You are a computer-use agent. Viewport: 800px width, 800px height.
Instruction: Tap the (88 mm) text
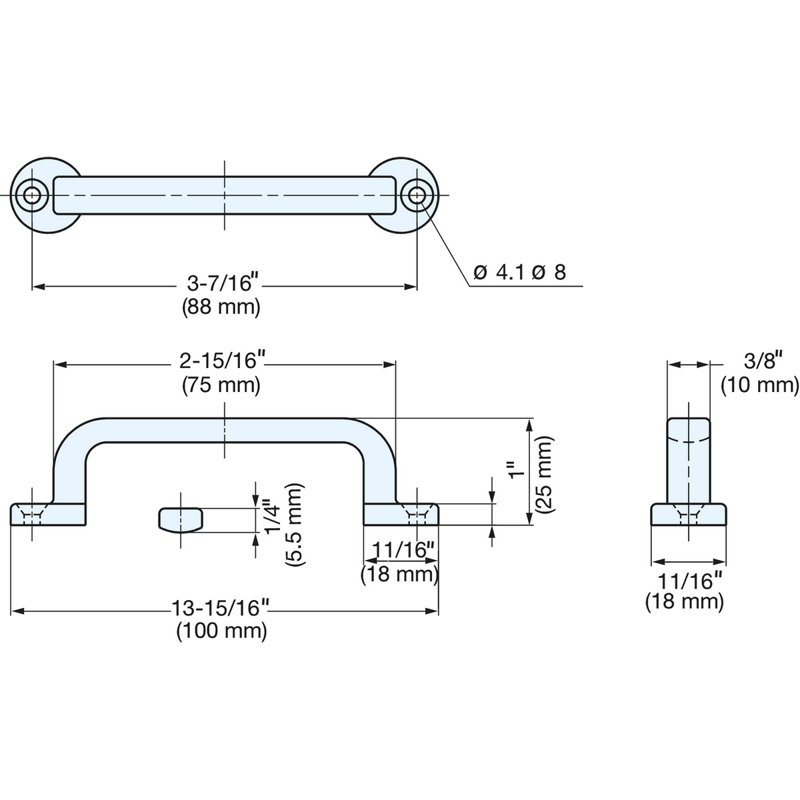(x=221, y=307)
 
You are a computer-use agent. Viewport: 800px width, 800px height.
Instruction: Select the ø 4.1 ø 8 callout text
(x=519, y=273)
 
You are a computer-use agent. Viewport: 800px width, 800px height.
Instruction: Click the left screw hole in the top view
(x=31, y=195)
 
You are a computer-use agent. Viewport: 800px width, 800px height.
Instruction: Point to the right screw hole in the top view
(x=417, y=195)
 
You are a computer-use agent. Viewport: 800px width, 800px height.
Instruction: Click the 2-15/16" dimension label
(x=223, y=361)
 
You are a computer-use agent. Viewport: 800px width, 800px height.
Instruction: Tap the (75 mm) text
(x=221, y=385)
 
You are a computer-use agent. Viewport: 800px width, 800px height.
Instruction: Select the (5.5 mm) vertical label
(x=295, y=524)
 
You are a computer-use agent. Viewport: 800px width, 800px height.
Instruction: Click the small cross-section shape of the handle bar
(x=180, y=520)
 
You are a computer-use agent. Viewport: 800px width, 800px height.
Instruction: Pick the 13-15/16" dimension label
(x=221, y=609)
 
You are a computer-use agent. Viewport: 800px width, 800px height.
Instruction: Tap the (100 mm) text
(x=222, y=632)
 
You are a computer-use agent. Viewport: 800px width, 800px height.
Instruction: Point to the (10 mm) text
(x=760, y=385)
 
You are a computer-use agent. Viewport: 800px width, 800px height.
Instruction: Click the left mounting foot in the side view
(x=48, y=515)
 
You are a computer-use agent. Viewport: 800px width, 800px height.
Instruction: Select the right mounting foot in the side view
(x=401, y=515)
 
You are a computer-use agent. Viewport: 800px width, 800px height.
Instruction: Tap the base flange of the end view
(x=688, y=515)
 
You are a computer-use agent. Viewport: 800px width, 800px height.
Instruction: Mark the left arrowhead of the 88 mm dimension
(x=38, y=287)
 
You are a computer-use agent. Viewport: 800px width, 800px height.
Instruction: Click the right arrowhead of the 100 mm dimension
(x=432, y=611)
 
